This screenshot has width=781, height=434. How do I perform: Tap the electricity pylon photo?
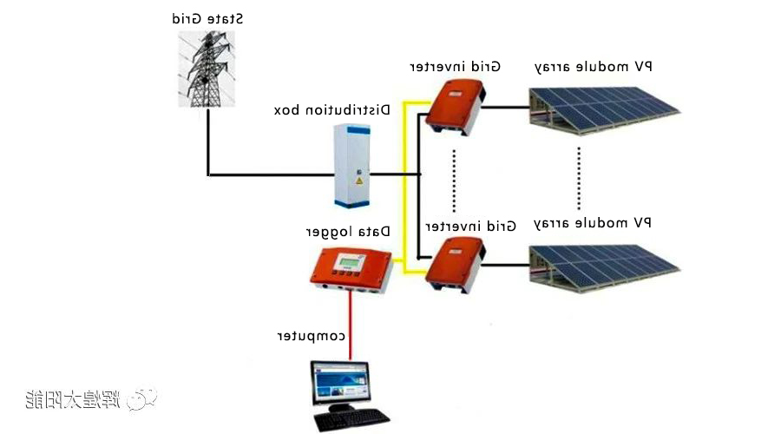coord(208,69)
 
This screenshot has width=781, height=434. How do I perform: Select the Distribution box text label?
coord(331,110)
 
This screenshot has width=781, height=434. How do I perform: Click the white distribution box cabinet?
coord(351,164)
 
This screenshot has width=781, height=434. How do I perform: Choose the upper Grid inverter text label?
coord(456,67)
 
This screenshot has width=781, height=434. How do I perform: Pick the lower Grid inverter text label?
coord(470,226)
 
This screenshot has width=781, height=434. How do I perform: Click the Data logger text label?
coord(348,232)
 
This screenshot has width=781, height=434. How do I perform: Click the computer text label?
coord(312,336)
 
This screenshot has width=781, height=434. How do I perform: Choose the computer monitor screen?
coord(340,385)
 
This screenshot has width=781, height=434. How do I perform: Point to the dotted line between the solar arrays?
coord(579,173)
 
